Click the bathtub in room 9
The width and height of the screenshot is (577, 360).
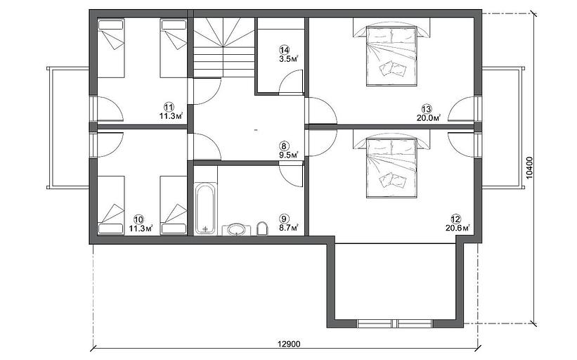point(205,209)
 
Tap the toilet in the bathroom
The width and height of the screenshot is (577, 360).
point(261,229)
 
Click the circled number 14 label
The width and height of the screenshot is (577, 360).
point(285,50)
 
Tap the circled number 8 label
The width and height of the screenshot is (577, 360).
point(284,146)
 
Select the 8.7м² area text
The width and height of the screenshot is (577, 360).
point(288,228)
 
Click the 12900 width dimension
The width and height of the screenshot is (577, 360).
point(289,344)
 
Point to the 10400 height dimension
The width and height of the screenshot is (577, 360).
point(529,168)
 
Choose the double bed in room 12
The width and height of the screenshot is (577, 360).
point(391,167)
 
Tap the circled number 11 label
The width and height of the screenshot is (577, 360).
point(169,108)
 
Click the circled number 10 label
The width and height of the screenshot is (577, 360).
point(138,220)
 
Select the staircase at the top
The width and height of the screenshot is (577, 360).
point(223,48)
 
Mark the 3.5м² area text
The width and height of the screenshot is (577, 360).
point(288,58)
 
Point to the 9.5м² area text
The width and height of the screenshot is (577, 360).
point(288,155)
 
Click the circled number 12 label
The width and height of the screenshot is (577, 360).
point(455,219)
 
